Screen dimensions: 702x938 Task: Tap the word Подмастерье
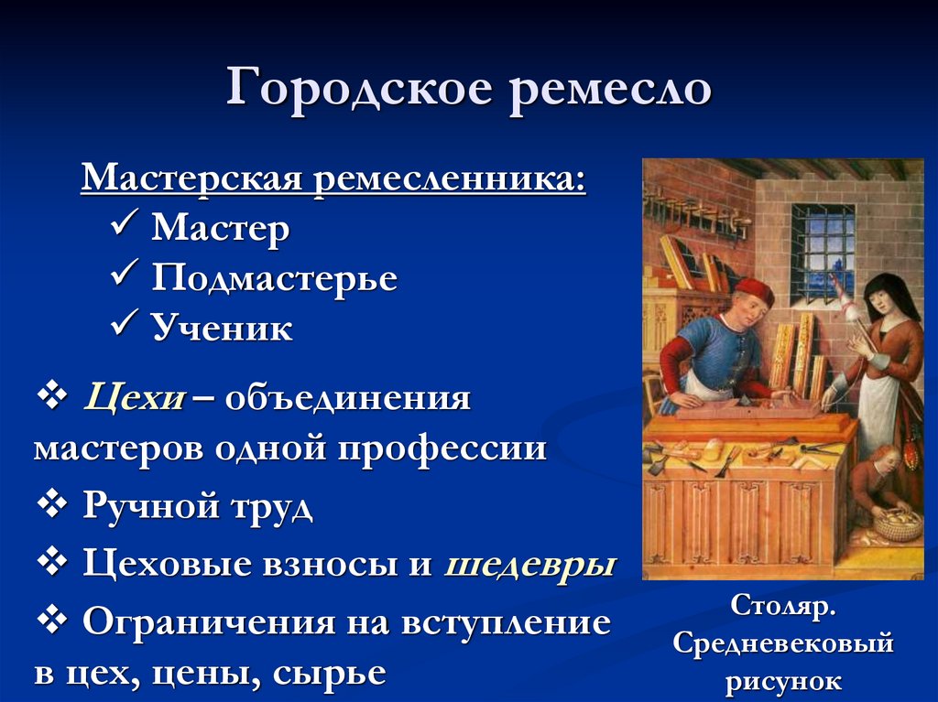coord(274,278)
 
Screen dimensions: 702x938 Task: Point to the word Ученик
coord(222,329)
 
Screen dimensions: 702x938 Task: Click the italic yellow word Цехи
coord(135,399)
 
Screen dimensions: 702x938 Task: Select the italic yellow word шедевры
coord(529,564)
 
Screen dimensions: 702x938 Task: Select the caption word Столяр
coord(782,605)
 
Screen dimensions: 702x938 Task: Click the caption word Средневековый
coord(782,643)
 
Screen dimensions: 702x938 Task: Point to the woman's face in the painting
coord(880,298)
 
